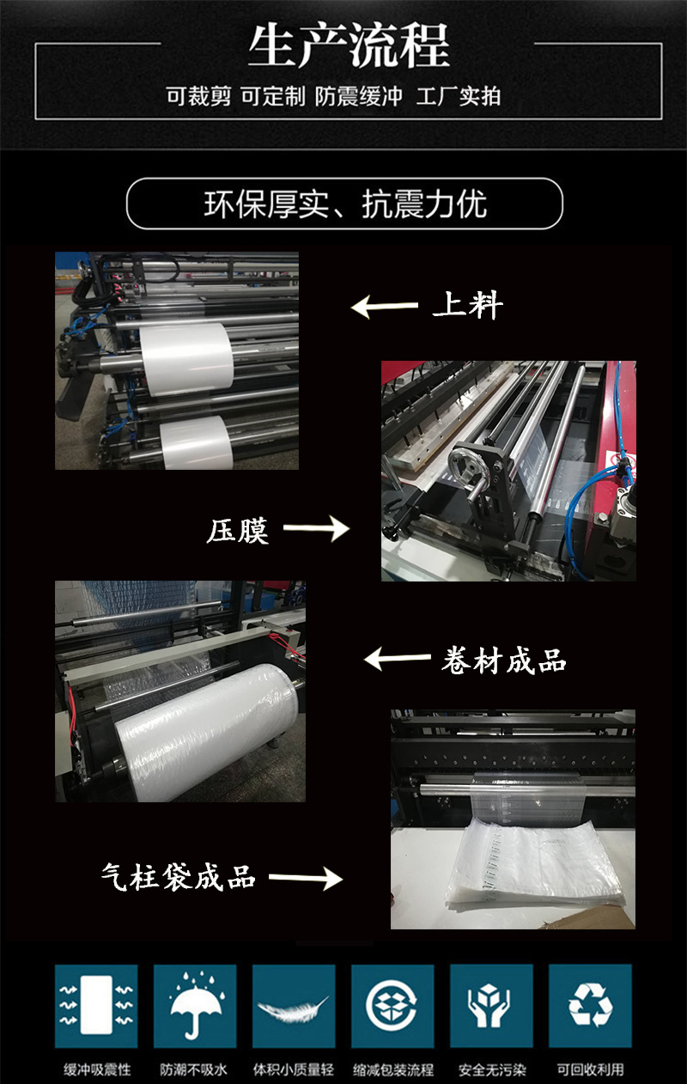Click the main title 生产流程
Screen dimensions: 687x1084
[x=349, y=46]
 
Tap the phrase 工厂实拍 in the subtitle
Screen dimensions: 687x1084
[x=459, y=96]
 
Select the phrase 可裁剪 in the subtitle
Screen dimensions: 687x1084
[x=198, y=96]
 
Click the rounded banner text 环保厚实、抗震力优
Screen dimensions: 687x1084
[x=345, y=204]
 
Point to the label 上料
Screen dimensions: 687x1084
[x=467, y=305]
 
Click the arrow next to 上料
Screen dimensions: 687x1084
[x=384, y=307]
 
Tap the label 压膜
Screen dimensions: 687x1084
[x=237, y=531]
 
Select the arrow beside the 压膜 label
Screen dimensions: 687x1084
[x=316, y=528]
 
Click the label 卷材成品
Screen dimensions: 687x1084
[x=503, y=660]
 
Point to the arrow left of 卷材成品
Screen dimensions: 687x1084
[x=398, y=658]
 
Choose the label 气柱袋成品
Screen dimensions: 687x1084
[x=178, y=877]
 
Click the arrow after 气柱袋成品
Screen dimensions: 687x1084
[x=306, y=878]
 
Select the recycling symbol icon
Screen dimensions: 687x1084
[x=590, y=1005]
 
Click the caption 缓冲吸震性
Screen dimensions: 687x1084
[x=97, y=1069]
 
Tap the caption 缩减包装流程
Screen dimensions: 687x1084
[x=393, y=1069]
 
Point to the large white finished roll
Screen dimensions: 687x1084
[x=205, y=731]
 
